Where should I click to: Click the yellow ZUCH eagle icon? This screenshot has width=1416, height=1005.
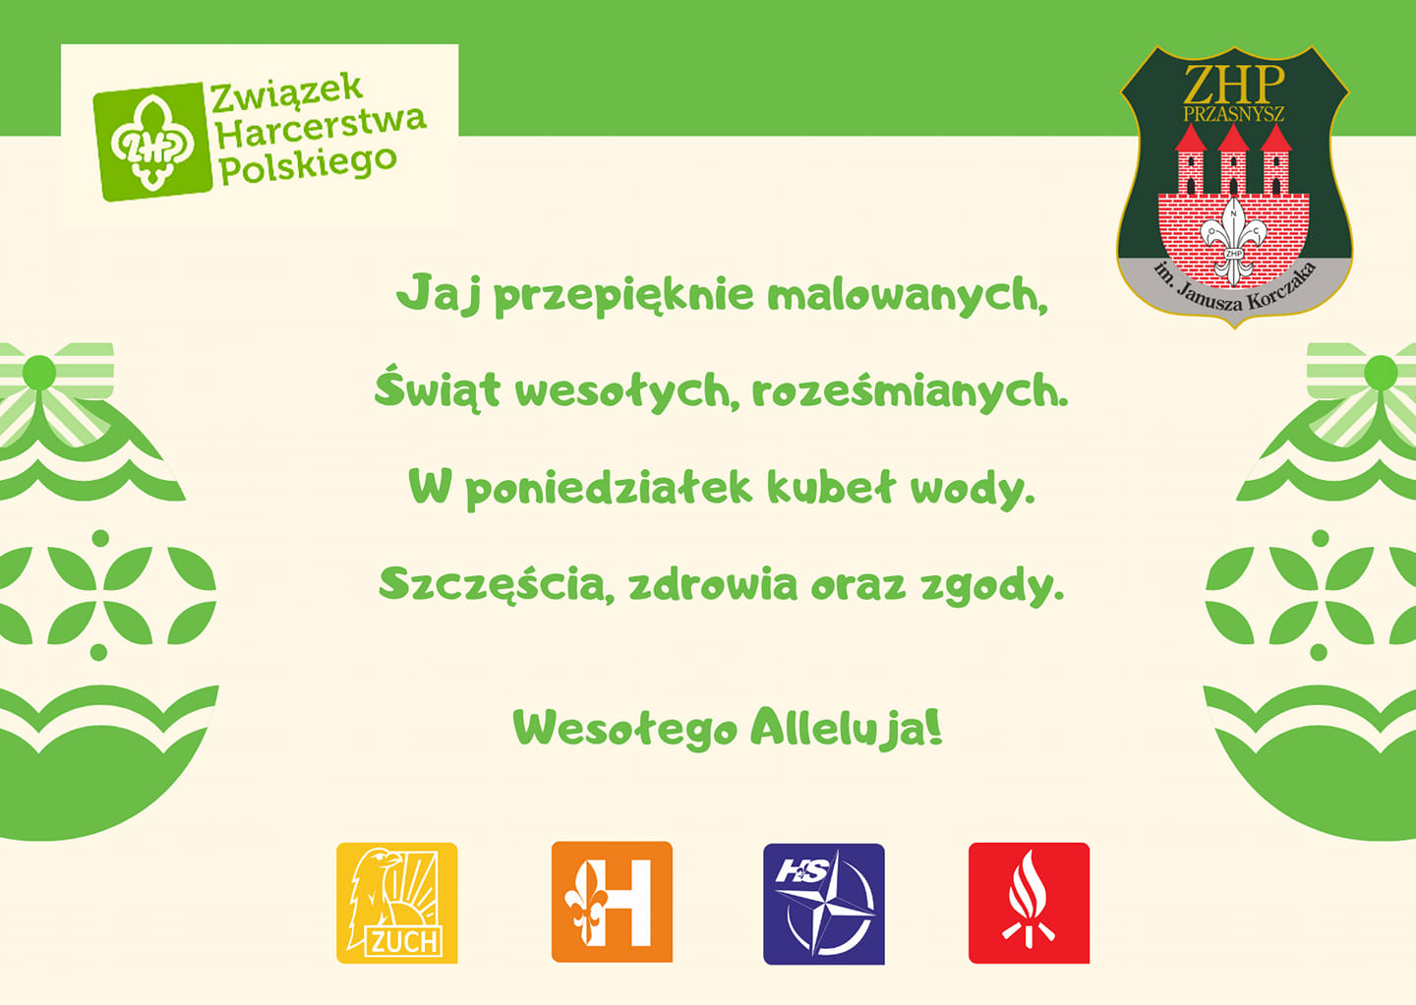pos(397,904)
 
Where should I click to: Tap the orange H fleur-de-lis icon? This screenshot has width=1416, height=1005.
pos(612,902)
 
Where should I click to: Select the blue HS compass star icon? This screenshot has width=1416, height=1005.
pos(824,904)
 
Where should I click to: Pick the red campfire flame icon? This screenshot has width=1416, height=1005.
pos(1030,904)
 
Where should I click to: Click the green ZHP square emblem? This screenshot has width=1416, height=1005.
pos(152,143)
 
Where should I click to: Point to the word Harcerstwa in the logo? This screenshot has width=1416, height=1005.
pos(322,130)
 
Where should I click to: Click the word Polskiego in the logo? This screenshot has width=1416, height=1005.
pos(308,166)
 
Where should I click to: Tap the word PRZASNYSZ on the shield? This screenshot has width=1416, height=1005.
pos(1233,114)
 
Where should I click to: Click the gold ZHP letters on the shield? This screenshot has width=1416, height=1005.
pos(1234,85)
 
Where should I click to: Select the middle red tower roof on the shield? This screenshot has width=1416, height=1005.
pos(1233,138)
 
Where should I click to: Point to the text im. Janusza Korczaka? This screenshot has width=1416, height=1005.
pos(1234,287)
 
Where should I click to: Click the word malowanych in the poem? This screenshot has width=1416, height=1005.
pos(907,296)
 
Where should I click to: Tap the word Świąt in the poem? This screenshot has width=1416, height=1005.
pos(438,388)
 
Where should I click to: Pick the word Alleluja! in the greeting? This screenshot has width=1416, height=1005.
pos(847,728)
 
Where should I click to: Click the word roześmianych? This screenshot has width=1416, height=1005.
pos(910,391)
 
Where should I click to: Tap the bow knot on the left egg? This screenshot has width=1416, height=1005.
pos(39,373)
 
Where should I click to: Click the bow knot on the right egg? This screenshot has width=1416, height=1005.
pos(1382,373)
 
